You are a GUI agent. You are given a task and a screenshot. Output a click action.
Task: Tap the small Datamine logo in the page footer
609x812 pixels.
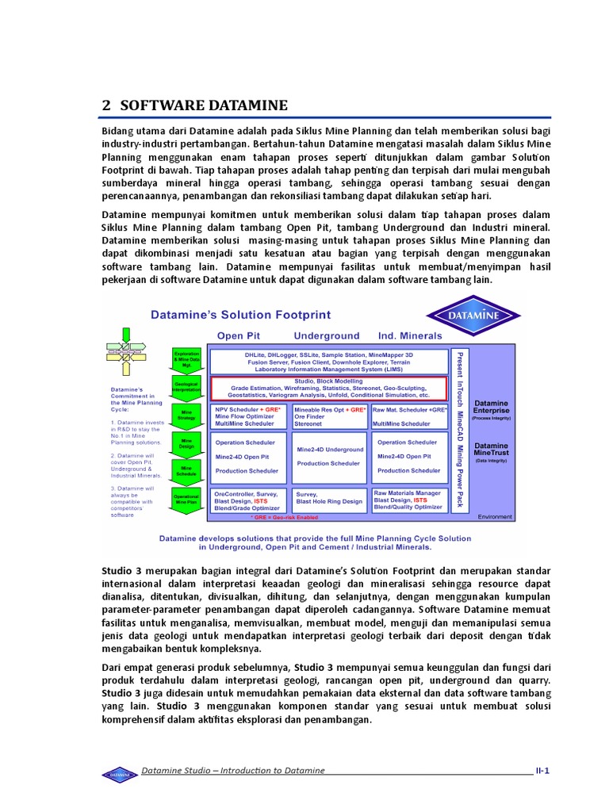120,773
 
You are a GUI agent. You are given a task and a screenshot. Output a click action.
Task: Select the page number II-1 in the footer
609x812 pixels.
542,770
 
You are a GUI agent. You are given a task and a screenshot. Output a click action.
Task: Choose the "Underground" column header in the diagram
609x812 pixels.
326,335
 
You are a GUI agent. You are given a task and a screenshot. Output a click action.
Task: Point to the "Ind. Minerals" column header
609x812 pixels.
409,335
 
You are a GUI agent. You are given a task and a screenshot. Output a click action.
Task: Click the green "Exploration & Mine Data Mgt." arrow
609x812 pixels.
186,358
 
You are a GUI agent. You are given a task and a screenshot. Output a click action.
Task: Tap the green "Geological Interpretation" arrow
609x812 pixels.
186,386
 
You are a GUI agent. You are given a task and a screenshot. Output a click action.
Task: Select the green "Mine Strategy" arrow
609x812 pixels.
186,415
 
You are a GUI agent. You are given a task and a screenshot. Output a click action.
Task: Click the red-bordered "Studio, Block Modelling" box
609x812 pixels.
328,389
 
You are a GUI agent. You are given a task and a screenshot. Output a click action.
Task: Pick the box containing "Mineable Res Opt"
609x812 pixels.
329,417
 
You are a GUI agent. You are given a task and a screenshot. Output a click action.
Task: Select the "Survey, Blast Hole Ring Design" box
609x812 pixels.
329,498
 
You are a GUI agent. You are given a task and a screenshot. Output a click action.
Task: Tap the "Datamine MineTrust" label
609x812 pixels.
491,450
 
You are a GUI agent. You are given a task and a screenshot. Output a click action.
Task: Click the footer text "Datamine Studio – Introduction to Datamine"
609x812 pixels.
233,770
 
